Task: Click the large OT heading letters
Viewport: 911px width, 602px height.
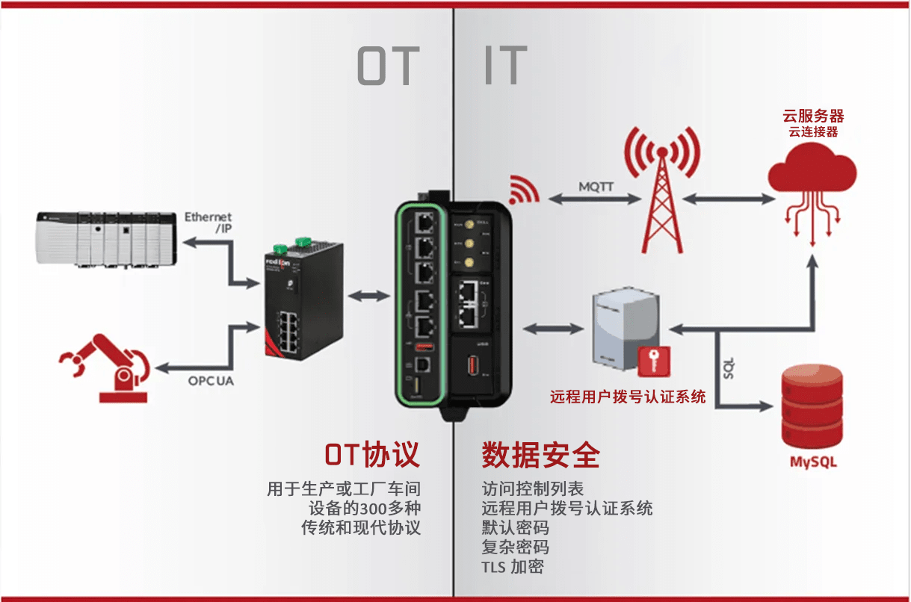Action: point(388,66)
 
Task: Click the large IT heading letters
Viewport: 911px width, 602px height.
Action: point(505,66)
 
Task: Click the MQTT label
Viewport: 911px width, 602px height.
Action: point(596,186)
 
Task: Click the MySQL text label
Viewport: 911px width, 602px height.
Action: point(813,462)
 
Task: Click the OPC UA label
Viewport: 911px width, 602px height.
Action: point(211,381)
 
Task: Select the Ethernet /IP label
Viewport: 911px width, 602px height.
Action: point(209,223)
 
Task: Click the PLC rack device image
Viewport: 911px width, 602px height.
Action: point(107,238)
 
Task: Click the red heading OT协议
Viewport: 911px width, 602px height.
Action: point(371,454)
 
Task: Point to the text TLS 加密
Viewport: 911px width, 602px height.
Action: point(513,566)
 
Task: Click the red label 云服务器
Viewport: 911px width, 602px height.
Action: point(813,116)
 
